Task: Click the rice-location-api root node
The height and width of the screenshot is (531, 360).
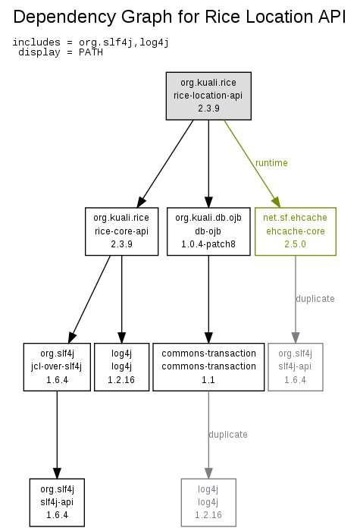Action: (x=208, y=96)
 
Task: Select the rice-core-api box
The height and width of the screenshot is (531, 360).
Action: (x=121, y=231)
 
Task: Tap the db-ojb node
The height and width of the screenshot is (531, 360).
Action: (x=208, y=231)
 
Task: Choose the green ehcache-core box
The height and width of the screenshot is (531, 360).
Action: (x=296, y=231)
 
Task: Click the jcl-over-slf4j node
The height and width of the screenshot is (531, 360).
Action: (x=57, y=366)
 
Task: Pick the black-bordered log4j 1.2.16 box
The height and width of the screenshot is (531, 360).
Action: (x=121, y=366)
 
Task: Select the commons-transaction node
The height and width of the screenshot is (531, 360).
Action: (x=208, y=366)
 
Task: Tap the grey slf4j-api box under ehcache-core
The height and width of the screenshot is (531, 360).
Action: (x=296, y=366)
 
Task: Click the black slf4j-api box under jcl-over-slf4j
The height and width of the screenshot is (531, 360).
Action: (x=57, y=502)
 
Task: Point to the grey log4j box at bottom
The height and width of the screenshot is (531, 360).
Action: (x=208, y=502)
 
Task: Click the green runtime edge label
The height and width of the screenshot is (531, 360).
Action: (x=271, y=163)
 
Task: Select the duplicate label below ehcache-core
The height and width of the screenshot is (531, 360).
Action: (x=315, y=299)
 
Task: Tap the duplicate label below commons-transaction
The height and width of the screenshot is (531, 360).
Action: (x=228, y=435)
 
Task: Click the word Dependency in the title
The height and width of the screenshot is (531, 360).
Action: (x=64, y=17)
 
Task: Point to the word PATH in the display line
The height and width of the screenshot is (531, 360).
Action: (x=91, y=52)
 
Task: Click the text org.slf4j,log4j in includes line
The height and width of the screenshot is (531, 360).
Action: (x=124, y=42)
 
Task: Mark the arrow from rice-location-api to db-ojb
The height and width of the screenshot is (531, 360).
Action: (x=208, y=164)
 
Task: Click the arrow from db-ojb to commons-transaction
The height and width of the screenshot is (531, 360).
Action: (x=208, y=300)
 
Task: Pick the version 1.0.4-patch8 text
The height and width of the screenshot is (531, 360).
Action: (x=208, y=244)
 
